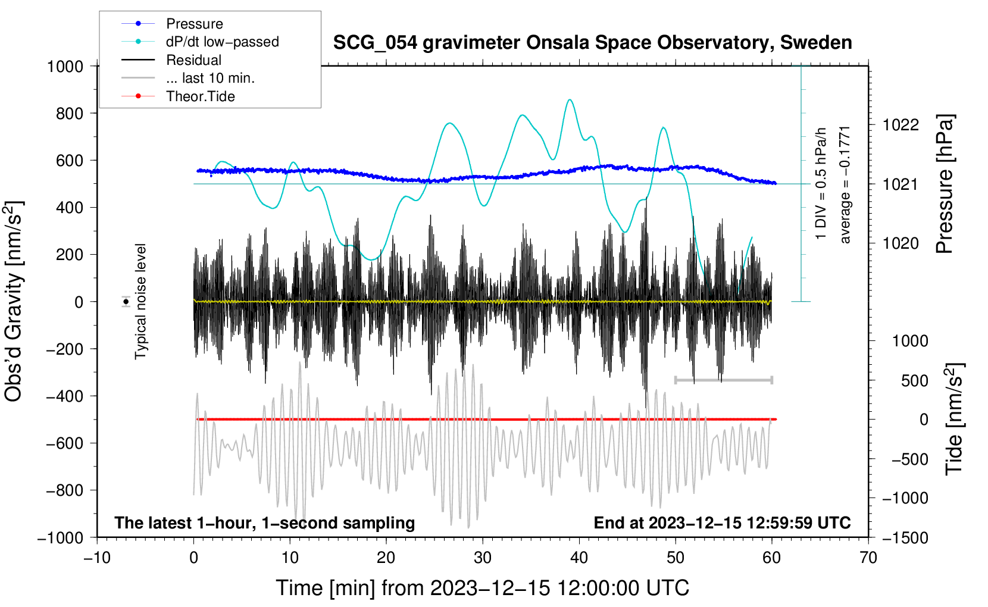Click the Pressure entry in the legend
(194, 24)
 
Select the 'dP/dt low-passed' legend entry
(222, 42)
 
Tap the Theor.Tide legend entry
(200, 96)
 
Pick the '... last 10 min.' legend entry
(210, 78)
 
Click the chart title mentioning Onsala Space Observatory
(592, 43)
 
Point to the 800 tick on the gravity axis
(70, 113)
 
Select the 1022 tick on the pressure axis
(901, 125)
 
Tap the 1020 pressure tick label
(901, 243)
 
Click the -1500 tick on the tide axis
(905, 538)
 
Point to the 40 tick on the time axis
(579, 558)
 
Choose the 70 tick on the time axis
(868, 558)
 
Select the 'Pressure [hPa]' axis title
(945, 184)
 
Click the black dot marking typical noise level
(126, 302)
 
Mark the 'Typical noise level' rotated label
(140, 302)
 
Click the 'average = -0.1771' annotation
(845, 184)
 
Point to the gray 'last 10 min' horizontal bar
(723, 380)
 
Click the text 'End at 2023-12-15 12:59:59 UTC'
(722, 523)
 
